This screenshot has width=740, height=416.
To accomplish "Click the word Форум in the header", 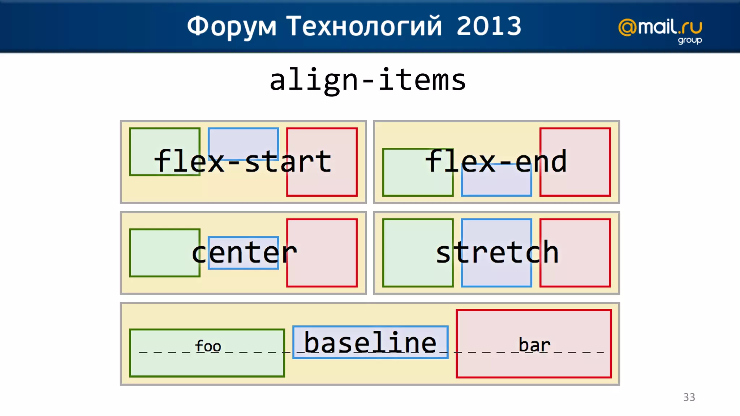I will (x=232, y=27).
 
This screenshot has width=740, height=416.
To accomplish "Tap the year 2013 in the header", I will (x=489, y=26).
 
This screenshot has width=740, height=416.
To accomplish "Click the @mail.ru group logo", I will (x=660, y=30).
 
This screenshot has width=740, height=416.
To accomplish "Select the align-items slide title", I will (x=368, y=80).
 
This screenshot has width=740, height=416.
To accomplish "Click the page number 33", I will (x=689, y=397).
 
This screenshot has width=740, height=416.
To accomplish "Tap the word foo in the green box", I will (x=208, y=346).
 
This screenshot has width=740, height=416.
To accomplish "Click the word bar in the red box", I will (x=534, y=345).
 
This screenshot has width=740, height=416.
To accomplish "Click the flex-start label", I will (x=242, y=161).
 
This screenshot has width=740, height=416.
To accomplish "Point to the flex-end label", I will (x=496, y=161).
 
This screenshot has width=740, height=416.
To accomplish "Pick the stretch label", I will (x=497, y=252).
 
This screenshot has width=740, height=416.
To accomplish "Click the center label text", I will (x=244, y=252).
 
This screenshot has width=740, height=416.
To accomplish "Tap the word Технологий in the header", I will (x=364, y=27).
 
